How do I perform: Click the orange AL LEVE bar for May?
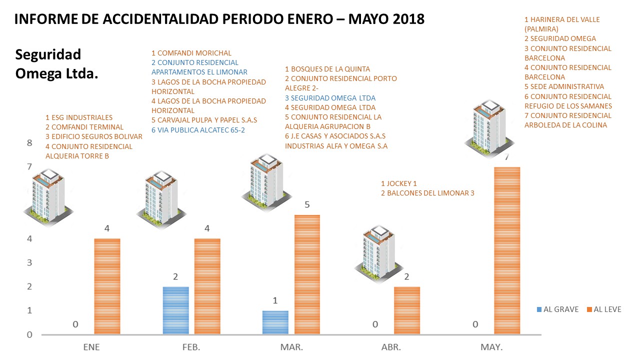[x=507, y=250]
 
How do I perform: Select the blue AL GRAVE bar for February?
[x=175, y=310]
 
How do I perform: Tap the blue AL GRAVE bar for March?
[x=275, y=322]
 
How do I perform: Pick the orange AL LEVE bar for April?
[x=407, y=310]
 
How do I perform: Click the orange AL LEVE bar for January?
[x=107, y=286]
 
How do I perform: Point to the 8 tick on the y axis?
[x=29, y=143]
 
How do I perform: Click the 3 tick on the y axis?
[x=29, y=262]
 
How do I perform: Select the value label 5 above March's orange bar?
[x=307, y=204]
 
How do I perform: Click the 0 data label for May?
[x=475, y=324]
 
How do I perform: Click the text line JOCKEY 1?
[x=398, y=183]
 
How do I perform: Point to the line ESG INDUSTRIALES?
[x=78, y=117]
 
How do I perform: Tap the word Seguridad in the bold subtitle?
[x=48, y=54]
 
